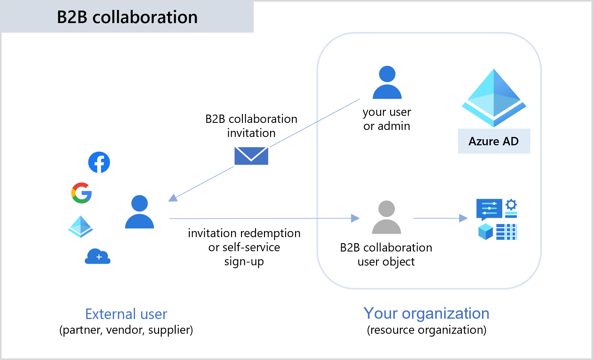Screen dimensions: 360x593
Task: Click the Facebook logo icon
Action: click(99, 162)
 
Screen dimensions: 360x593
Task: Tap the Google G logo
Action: click(82, 193)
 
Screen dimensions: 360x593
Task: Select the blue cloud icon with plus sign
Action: click(98, 256)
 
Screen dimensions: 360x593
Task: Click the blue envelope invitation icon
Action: click(251, 156)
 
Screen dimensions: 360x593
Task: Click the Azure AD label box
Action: click(494, 141)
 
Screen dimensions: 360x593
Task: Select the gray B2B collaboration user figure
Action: click(386, 217)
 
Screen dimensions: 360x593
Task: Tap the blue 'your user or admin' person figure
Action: click(387, 83)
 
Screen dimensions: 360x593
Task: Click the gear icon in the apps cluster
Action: click(511, 204)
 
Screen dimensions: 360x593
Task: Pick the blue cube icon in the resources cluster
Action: click(485, 231)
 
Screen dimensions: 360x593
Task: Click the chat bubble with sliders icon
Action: click(489, 209)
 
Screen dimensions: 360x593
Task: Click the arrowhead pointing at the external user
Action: click(173, 198)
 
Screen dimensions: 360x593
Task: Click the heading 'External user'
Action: click(126, 314)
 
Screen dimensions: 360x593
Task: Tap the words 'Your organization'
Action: click(426, 313)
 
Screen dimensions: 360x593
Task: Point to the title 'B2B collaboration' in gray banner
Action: click(127, 17)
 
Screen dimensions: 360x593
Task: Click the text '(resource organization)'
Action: click(426, 330)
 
